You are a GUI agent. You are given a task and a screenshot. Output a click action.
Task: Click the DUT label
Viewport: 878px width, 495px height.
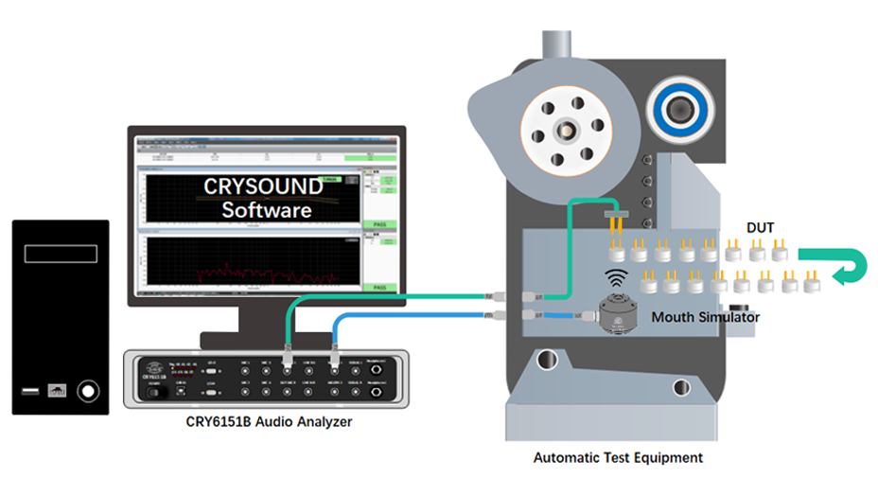click(x=760, y=228)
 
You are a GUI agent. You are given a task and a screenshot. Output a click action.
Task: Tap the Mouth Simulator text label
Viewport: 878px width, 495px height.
click(x=705, y=318)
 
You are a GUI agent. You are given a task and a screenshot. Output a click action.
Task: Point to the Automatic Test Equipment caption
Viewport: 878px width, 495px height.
click(x=618, y=457)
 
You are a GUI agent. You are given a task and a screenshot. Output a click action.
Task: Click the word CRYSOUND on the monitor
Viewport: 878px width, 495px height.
click(x=263, y=186)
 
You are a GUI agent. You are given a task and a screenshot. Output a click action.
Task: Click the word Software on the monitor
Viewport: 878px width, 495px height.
click(x=266, y=209)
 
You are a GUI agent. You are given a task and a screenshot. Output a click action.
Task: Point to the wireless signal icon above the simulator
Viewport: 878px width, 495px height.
click(x=615, y=279)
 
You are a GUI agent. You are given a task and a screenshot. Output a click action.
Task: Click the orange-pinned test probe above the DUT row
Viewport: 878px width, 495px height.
click(x=615, y=221)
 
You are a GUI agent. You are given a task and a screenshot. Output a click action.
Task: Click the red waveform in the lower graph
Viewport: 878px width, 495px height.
click(x=247, y=274)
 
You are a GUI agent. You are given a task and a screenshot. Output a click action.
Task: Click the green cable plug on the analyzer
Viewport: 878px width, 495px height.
click(x=288, y=360)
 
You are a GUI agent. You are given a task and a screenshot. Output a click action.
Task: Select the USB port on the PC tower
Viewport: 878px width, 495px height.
click(x=30, y=388)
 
